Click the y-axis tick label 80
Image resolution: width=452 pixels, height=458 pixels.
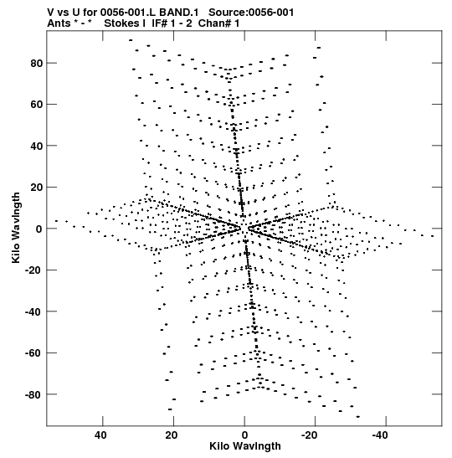point(36,63)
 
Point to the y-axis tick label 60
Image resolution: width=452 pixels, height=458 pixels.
point(36,105)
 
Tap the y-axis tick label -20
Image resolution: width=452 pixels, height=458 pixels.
point(33,270)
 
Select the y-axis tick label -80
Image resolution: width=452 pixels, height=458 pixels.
point(33,394)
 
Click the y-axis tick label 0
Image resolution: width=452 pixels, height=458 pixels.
point(39,229)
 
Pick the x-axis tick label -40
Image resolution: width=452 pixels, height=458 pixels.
point(380,435)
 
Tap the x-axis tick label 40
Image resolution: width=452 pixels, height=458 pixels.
point(100,435)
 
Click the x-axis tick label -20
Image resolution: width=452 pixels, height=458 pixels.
point(309,435)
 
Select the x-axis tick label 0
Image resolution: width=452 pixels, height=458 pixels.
point(244,435)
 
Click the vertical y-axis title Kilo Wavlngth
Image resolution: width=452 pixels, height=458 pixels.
point(16,228)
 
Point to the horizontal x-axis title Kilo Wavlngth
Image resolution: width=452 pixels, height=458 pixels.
point(245,446)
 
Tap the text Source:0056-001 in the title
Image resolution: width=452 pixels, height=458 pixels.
point(251,13)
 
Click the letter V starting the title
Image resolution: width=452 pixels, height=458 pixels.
point(50,13)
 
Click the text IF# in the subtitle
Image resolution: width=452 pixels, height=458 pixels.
point(159,23)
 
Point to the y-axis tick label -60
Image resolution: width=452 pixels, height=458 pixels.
point(33,353)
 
